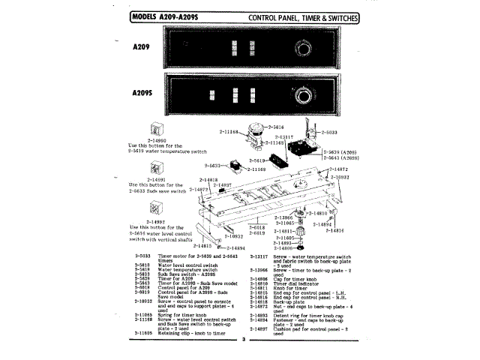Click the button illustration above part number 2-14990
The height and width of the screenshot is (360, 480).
(157, 128)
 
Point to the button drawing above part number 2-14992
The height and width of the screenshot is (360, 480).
(157, 211)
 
